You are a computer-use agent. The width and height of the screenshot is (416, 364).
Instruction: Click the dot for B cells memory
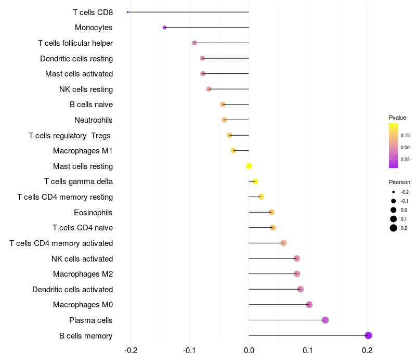coord(368,335)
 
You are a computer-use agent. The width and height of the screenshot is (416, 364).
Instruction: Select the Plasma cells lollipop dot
coord(325,320)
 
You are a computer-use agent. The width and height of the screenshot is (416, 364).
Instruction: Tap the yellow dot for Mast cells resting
coord(249,166)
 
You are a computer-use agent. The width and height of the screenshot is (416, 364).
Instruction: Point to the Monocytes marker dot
coord(164,28)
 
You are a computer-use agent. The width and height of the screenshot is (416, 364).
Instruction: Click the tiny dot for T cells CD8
coord(127,12)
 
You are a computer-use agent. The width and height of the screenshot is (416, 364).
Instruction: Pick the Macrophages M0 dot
coord(309,305)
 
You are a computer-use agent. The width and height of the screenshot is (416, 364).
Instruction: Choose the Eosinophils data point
coord(271,212)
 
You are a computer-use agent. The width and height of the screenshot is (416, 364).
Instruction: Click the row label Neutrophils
coord(94,120)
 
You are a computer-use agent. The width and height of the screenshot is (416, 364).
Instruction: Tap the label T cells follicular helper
coord(75,43)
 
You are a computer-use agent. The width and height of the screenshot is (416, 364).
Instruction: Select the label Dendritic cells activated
coord(72,290)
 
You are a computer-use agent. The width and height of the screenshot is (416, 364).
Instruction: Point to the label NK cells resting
coord(86,89)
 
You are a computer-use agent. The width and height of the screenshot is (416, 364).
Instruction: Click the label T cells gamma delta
coord(79,181)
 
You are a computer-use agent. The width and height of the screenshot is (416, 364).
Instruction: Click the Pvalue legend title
coord(397,118)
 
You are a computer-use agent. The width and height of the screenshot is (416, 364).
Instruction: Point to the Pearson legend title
coord(399,183)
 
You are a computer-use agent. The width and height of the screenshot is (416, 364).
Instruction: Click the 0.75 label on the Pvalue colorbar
coord(405,135)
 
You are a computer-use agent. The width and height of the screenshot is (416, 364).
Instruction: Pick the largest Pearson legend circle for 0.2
coord(394,228)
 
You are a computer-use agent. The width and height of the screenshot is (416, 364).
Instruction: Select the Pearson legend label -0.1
coord(405,201)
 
